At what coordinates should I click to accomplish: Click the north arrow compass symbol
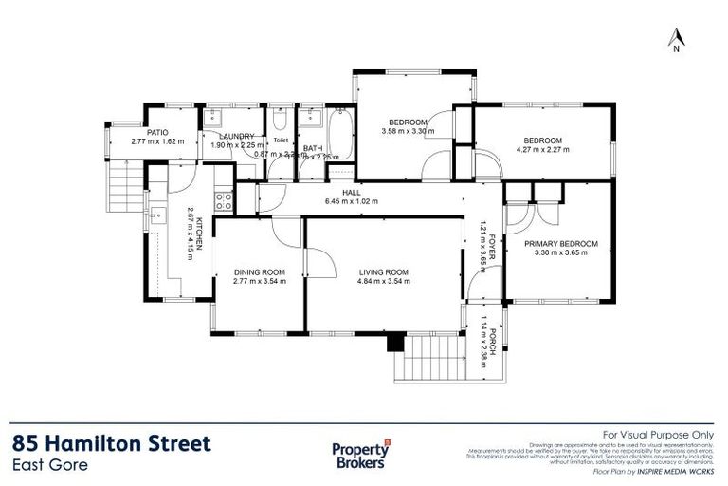[x=676, y=39]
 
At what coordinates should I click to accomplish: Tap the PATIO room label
[x=156, y=133]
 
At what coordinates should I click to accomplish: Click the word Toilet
[x=280, y=140]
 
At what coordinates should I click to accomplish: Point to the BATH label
[x=313, y=148]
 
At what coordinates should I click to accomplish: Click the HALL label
[x=352, y=192]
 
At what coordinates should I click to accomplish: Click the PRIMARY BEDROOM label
[x=561, y=244]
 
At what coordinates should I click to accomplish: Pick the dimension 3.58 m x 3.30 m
[x=409, y=132]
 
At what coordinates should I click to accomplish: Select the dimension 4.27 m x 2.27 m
[x=543, y=149]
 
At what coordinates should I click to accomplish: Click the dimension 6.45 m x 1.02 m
[x=352, y=201]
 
